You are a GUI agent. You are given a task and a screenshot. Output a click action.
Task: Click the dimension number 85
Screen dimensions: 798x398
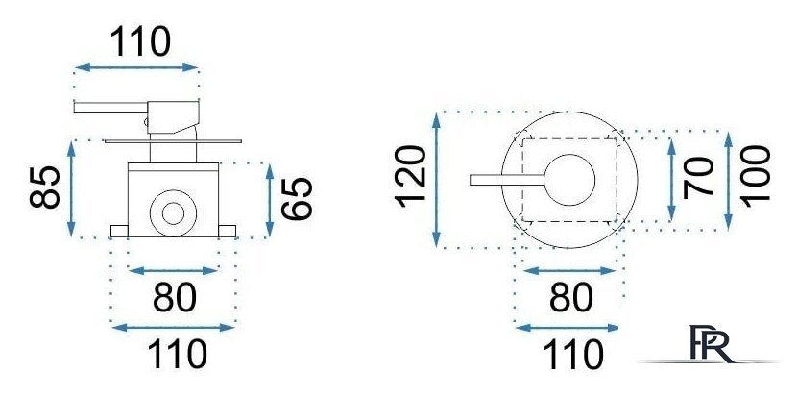tap(45, 187)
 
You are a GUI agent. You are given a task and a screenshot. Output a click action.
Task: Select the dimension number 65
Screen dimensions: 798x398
tap(297, 199)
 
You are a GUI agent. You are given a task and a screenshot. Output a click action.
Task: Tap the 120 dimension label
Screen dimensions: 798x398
tap(411, 176)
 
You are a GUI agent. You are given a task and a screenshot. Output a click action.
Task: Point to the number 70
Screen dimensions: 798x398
tap(699, 178)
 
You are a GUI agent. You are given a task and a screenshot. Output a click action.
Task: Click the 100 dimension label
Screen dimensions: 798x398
tap(756, 177)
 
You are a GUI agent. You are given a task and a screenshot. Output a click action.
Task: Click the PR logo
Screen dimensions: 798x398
tap(711, 344)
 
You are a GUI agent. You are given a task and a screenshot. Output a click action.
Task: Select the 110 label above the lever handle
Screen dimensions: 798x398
tap(140, 41)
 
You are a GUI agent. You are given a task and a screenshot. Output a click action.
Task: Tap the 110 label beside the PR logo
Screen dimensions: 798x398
tap(573, 354)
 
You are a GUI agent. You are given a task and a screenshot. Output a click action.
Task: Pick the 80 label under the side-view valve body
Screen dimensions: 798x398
tap(175, 298)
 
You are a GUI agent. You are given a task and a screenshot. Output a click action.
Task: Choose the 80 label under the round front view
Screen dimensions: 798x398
tap(571, 298)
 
